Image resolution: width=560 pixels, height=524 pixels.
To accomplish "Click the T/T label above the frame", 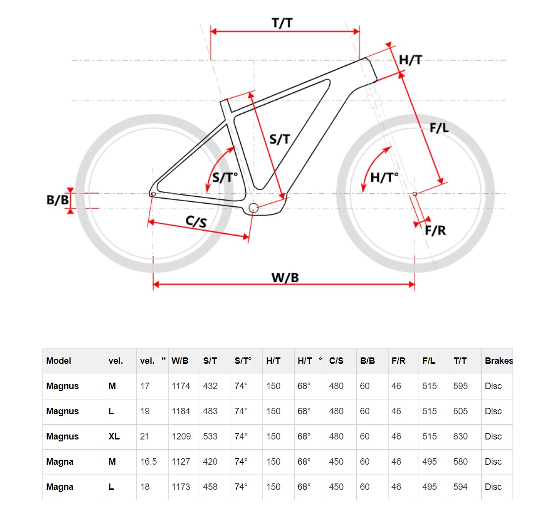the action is [282, 23].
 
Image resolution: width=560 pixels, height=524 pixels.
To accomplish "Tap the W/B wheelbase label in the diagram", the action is [285, 277].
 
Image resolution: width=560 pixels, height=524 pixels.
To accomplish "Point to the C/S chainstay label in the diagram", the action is [196, 221].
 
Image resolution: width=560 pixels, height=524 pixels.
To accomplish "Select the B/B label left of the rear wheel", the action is [57, 200].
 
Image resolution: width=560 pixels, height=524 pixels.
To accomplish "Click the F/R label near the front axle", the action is [435, 230].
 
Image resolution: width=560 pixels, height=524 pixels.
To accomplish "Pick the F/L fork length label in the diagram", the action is [439, 128].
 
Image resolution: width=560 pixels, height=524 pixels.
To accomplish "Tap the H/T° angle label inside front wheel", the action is [384, 177].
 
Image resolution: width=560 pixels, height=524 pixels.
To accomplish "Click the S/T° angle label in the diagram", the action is [225, 177].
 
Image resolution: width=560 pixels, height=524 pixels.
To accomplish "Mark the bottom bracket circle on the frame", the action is [253, 208].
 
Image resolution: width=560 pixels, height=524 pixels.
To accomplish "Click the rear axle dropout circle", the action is [153, 194].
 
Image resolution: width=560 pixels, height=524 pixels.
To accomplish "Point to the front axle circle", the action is [415, 194].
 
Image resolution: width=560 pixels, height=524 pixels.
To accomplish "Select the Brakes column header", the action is [499, 361].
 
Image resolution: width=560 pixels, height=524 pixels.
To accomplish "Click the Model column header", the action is [59, 361].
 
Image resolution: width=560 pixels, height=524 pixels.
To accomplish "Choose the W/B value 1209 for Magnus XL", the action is [181, 436].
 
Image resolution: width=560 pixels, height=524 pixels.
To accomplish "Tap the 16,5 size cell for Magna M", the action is [149, 462].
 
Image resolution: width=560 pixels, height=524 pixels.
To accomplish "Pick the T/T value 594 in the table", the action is [460, 486].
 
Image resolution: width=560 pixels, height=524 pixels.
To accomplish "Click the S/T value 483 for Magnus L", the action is [210, 411].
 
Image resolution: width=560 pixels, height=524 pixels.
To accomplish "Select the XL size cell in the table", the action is [114, 436].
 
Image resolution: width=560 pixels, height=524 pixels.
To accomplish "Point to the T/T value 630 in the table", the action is [460, 436].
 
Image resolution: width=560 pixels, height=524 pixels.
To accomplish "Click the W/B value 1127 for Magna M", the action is [181, 462].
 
